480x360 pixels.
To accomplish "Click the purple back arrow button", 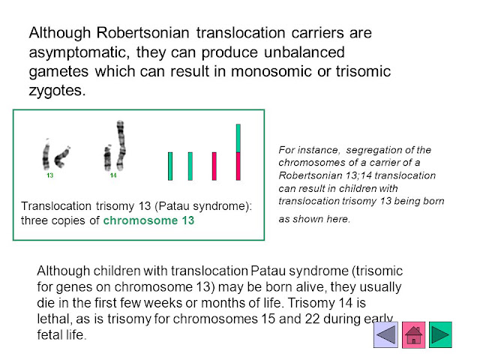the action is [x=385, y=334].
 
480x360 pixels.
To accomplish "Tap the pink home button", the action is [x=413, y=334].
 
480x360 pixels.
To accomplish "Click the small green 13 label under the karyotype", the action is [x=50, y=175].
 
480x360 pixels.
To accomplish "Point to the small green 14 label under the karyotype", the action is [x=113, y=175].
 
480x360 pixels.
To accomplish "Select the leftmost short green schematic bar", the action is [x=170, y=166].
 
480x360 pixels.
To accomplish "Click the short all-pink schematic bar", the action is [x=214, y=166].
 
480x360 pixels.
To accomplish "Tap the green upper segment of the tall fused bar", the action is [x=238, y=138].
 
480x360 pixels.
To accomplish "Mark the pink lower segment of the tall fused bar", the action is [x=238, y=166].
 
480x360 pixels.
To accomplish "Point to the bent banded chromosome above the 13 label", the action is [x=62, y=157].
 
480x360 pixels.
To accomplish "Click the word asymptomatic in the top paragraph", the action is [x=77, y=52].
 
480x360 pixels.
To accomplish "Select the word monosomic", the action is [x=271, y=71].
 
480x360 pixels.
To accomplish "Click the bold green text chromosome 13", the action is [x=148, y=220].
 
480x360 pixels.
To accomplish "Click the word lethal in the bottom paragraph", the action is [x=53, y=319].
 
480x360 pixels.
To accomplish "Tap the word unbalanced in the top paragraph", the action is [x=304, y=52].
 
